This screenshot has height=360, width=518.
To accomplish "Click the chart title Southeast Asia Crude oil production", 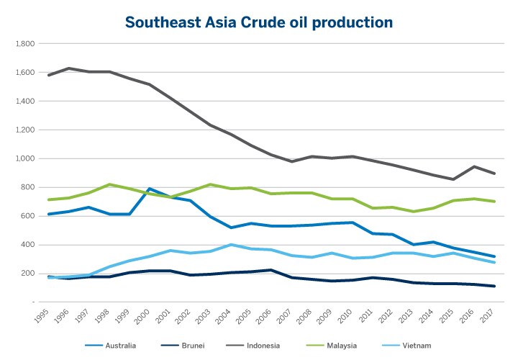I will click(259, 22).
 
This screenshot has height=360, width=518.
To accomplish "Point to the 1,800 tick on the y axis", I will click(24, 44).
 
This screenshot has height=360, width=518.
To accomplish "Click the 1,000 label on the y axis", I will click(24, 159).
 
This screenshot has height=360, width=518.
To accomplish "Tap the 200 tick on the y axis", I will click(27, 274).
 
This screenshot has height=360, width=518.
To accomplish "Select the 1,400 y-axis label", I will click(24, 102).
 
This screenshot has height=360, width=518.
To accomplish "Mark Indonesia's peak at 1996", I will click(68, 68).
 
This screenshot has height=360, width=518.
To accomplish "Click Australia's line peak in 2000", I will click(150, 189).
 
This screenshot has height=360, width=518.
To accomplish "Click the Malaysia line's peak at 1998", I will click(109, 184).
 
